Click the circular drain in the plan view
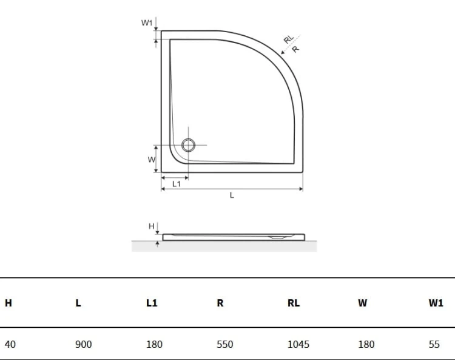pos(188,145)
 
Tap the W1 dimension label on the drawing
pos(147,22)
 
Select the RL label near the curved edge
pos(289,39)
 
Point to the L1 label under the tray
pos(177,184)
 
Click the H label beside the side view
pos(151,226)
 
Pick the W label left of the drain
pos(151,160)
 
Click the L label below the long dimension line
pos(232,195)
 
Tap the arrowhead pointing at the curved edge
pos(283,52)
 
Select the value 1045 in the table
pos(298,344)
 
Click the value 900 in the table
pos(84,344)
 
